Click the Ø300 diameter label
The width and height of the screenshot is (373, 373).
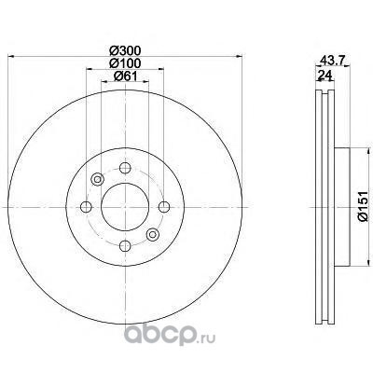pos(125,50)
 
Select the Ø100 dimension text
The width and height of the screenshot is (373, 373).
pos(125,63)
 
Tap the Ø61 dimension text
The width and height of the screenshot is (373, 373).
pos(125,76)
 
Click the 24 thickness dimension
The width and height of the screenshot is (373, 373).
pos(325,75)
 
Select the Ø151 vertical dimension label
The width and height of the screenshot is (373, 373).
pos(363,206)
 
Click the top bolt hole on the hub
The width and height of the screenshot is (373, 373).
pos(125,168)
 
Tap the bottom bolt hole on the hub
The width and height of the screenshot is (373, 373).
pos(125,245)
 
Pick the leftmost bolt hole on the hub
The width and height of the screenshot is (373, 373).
pos(86,207)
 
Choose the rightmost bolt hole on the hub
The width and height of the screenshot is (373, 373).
pos(164,207)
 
